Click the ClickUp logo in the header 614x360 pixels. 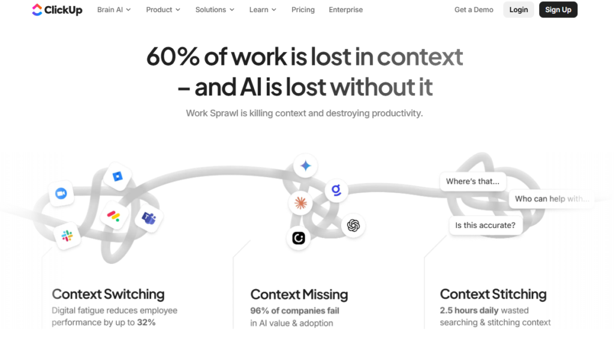click(57, 10)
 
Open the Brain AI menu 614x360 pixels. click(114, 10)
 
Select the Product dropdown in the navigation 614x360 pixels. click(163, 10)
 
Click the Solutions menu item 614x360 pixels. click(215, 10)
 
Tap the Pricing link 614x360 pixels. click(303, 10)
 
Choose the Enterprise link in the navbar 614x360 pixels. click(346, 10)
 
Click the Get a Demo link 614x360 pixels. click(474, 10)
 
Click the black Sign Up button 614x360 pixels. click(558, 10)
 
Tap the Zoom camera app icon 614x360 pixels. click(61, 194)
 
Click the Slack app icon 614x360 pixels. click(67, 236)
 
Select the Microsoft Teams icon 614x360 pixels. click(149, 218)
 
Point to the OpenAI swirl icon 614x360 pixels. click(353, 226)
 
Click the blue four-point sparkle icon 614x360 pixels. click(305, 166)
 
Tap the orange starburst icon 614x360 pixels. click(301, 203)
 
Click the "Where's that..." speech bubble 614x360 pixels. click(472, 181)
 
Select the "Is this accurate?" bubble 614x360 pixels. click(486, 225)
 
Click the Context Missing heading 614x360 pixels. click(299, 294)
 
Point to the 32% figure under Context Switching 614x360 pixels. click(146, 322)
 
